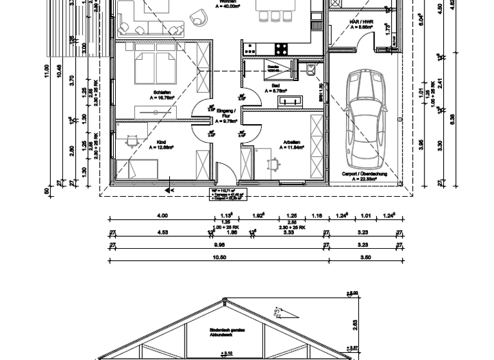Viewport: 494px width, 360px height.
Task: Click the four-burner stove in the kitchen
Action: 282,48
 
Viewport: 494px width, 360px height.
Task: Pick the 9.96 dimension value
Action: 218,243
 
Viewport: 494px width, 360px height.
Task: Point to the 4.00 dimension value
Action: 162,216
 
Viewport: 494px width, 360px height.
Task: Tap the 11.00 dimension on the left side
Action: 46,69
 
